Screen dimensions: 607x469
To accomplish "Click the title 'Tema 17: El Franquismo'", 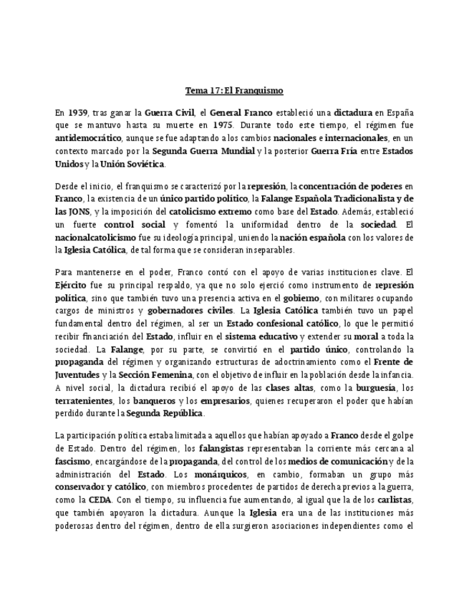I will click(x=234, y=91).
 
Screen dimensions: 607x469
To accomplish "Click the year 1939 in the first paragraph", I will click(x=78, y=112).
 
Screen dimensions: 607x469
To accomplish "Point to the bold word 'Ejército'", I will click(x=72, y=285).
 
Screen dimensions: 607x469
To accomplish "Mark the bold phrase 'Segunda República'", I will click(x=165, y=414).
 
